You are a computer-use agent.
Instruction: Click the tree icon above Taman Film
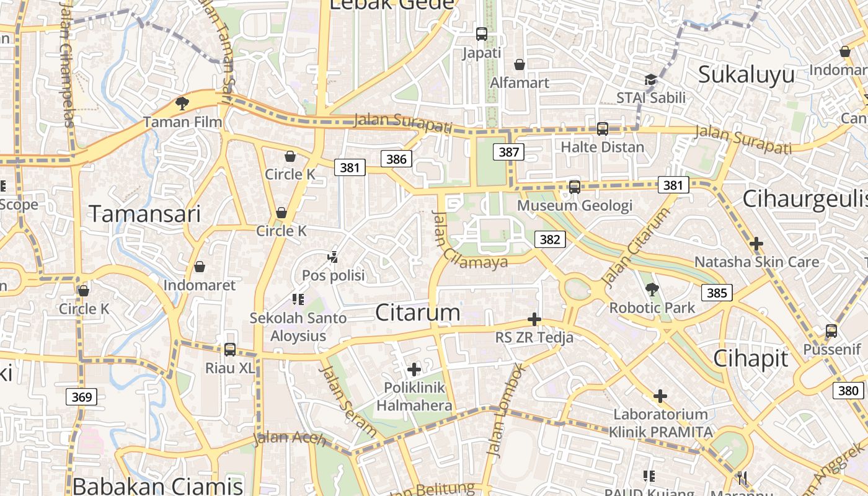(182, 103)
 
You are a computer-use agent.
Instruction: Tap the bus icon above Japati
(482, 34)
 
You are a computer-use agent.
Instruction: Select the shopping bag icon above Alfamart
(520, 64)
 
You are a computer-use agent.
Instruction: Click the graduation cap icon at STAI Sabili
(650, 79)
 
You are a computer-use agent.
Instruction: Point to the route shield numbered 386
(396, 159)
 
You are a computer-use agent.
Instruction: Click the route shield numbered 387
(509, 152)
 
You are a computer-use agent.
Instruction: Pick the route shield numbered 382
(550, 239)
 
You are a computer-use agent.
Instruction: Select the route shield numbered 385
(717, 293)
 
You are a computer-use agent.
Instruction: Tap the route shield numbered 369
(82, 397)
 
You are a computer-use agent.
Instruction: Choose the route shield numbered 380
(848, 390)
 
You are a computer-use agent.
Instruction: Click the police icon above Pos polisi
(333, 257)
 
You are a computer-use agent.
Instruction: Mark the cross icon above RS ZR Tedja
(534, 319)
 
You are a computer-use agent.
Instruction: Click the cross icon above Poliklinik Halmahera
(414, 370)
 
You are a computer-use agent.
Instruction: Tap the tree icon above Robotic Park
(652, 289)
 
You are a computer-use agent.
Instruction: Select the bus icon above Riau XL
(230, 350)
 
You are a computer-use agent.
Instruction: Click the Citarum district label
(418, 312)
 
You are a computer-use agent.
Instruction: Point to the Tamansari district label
(145, 214)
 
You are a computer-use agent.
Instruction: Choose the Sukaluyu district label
(746, 74)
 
